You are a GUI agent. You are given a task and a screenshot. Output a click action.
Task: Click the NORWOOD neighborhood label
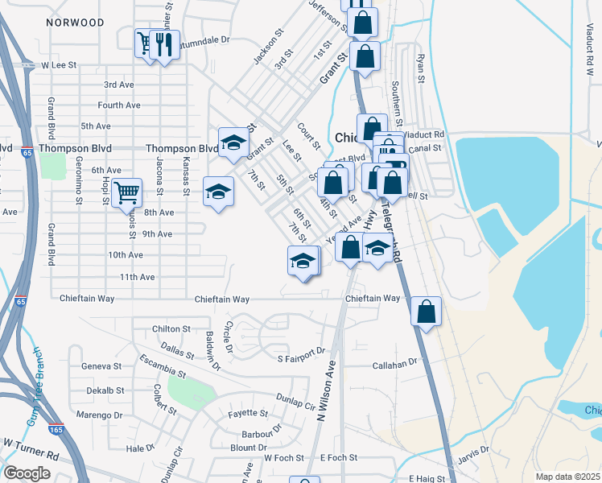(x=76, y=23)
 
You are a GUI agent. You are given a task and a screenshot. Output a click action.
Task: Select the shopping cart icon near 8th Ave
(x=127, y=192)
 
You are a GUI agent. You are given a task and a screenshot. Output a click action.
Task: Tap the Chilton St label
(x=171, y=329)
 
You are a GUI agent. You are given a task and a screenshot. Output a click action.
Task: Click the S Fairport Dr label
(x=300, y=350)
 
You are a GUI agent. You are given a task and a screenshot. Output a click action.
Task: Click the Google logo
(x=27, y=473)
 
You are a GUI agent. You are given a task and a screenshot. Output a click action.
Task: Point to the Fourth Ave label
(x=119, y=105)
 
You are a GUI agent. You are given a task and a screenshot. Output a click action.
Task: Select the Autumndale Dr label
(x=207, y=39)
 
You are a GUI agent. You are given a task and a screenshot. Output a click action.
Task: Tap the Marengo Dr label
(x=105, y=415)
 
